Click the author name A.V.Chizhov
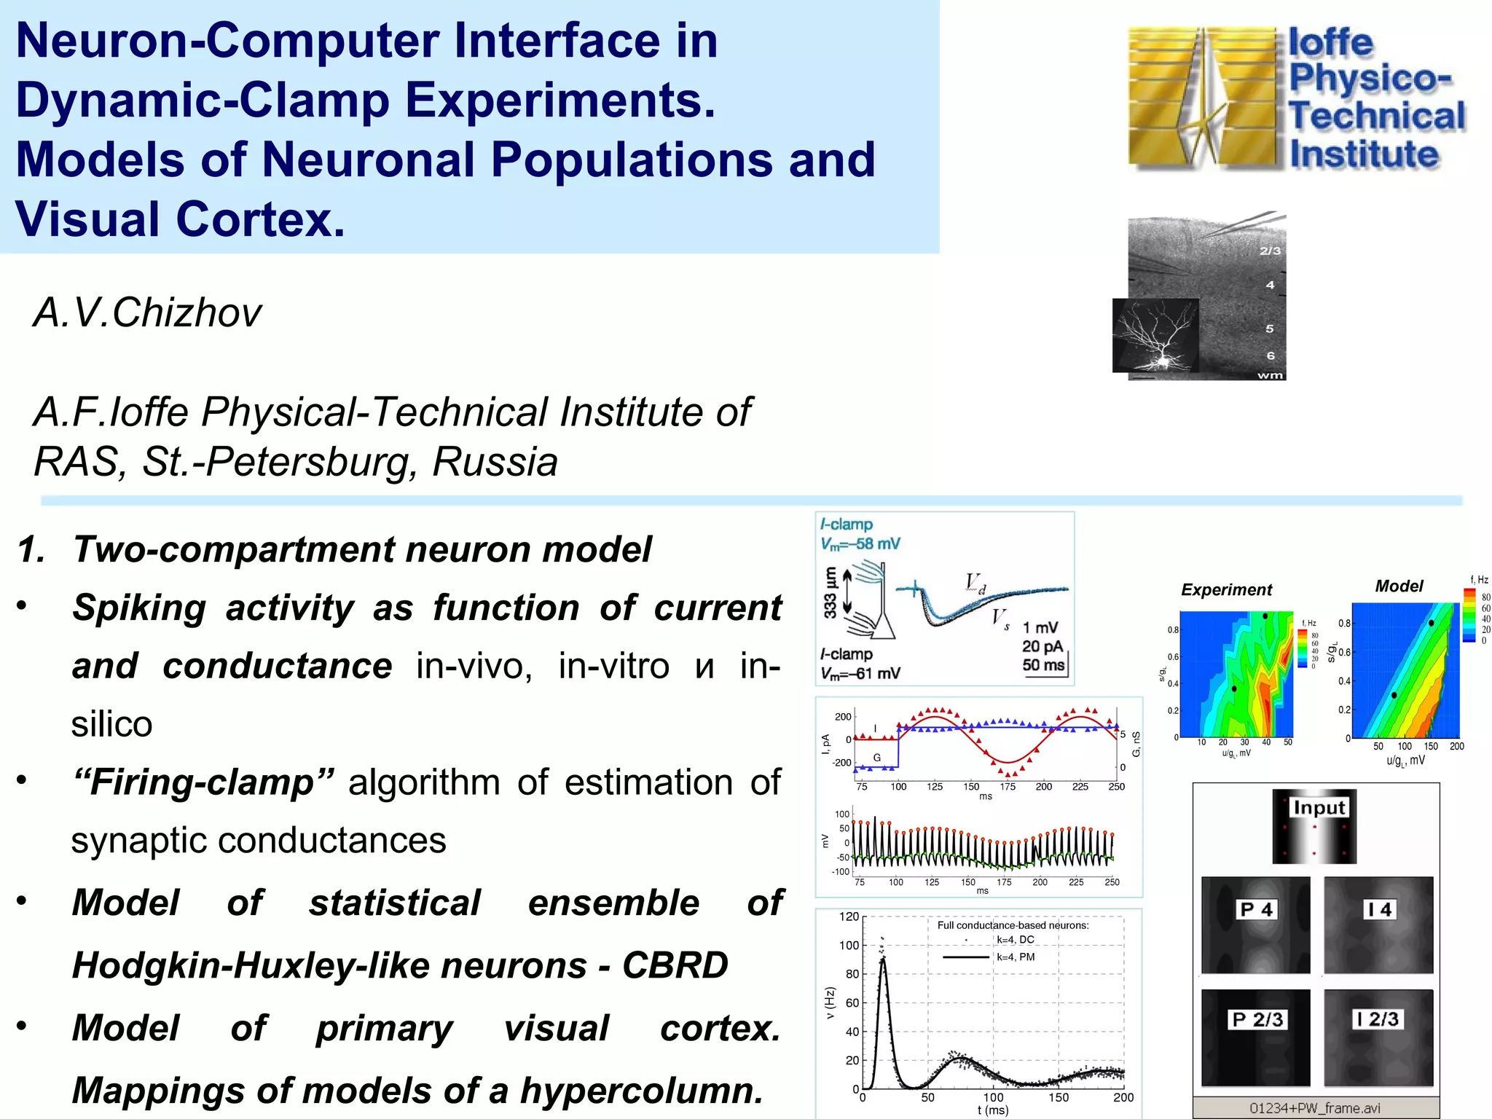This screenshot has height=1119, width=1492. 147,313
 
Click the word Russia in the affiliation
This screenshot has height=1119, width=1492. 495,462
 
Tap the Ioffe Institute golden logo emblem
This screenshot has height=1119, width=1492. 1202,98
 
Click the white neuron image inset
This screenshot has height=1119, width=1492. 1155,335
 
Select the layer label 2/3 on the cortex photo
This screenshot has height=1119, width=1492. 1270,251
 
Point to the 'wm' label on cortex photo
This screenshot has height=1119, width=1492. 1270,375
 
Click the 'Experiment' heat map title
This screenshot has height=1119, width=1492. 1226,589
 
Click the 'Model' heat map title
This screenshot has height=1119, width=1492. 1399,586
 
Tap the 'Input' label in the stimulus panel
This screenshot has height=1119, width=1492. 1319,807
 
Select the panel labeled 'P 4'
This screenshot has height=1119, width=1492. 1255,924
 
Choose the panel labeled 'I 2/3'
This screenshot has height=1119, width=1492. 1378,1037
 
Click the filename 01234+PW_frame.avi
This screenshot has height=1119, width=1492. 1315,1108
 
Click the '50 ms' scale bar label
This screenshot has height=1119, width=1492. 1043,664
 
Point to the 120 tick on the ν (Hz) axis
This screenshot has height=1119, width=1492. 849,916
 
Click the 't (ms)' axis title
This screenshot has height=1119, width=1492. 993,1110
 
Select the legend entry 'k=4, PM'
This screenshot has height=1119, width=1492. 1016,957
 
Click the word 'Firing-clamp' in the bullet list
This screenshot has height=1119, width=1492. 203,782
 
